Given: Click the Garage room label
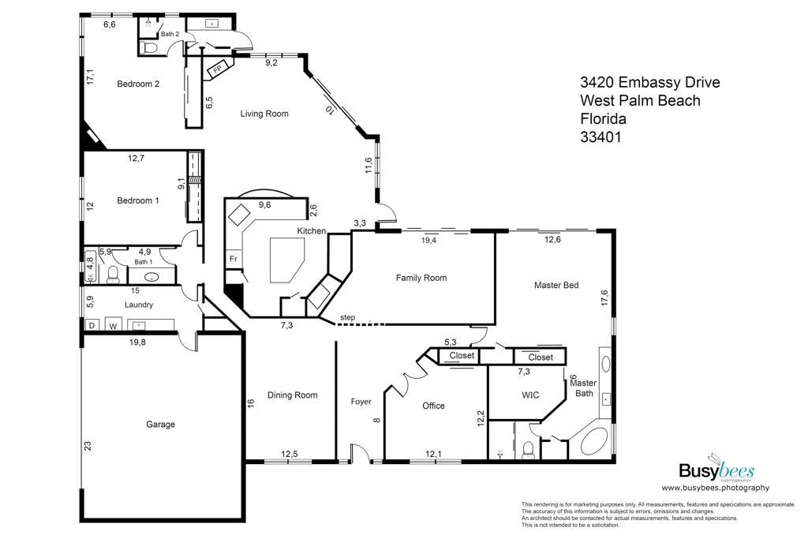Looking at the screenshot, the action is coord(160,424).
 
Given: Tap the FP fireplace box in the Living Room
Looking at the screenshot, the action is coord(219,69).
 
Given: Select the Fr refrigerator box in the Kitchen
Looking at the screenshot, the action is coord(234,259).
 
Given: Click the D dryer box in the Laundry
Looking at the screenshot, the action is coord(92,325).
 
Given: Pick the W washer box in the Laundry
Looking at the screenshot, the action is coord(114,325).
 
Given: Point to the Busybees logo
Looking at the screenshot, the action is coord(716,470).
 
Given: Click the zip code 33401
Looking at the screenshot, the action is coord(600,137).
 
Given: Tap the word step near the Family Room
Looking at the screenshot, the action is coord(348,317).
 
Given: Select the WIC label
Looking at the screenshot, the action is coord(530,395).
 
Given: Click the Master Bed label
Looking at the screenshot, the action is coord(556,285).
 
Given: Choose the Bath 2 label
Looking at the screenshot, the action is coord(170,34).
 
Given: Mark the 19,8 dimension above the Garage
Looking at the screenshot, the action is coord(137,342).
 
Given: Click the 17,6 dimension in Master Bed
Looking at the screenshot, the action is coord(604,298).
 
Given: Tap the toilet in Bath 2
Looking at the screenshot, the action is coord(150,48).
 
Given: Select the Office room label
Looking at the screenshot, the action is coord(433,406).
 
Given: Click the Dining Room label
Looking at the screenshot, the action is coord(292,395).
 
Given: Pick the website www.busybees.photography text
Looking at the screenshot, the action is coord(715,488).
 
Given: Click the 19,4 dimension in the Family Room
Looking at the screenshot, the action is coord(428,240).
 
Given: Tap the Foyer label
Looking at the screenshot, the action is coord(361,402).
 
